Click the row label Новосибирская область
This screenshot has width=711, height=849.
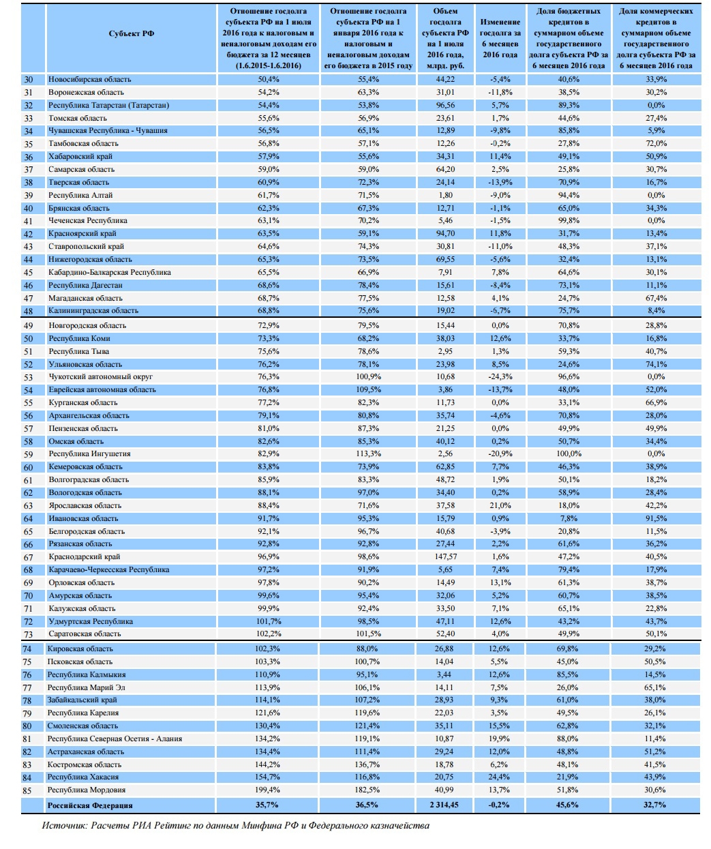[x=89, y=79]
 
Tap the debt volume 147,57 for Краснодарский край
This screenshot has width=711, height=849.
[x=446, y=556]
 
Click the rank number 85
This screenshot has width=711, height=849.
[x=28, y=790]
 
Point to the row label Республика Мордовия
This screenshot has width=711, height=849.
[x=87, y=790]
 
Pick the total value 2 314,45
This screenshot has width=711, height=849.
[x=444, y=805]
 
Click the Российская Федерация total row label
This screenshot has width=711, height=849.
[x=90, y=805]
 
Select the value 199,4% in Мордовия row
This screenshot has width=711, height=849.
[x=269, y=790]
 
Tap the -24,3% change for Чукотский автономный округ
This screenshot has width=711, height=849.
[x=500, y=376]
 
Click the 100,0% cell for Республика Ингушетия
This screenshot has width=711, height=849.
[x=569, y=453]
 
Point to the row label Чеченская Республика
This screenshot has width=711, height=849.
[x=88, y=220]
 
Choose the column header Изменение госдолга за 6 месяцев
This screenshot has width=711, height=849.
[x=500, y=38]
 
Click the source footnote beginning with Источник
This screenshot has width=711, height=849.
[x=235, y=825]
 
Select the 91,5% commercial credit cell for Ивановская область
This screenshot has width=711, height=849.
[x=656, y=518]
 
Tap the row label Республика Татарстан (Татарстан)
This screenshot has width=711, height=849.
[x=108, y=105]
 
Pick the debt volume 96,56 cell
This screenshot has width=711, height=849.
[x=446, y=105]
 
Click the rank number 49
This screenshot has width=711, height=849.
[x=28, y=325]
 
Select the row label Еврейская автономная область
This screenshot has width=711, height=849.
[x=102, y=389]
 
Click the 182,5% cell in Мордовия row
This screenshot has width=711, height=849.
[x=368, y=790]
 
